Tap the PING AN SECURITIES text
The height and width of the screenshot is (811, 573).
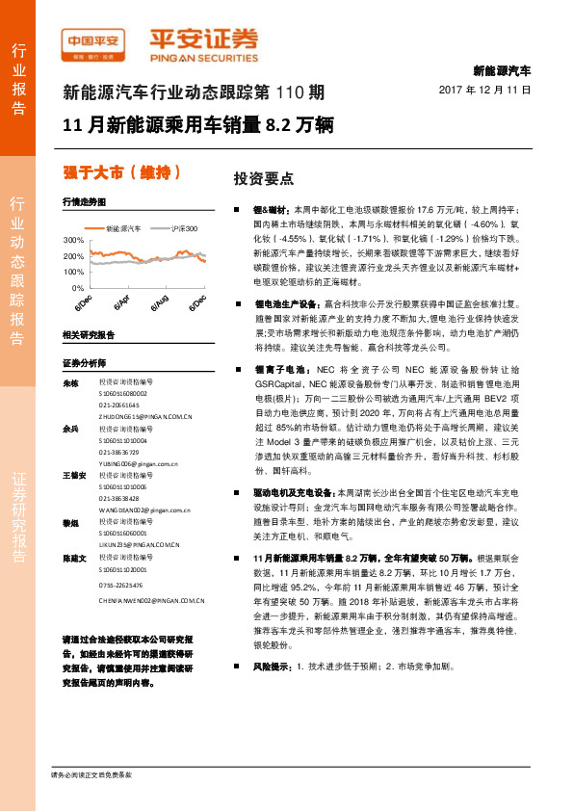click(x=202, y=56)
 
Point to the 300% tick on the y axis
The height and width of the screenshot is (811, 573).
click(x=72, y=239)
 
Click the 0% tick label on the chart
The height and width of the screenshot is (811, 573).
click(x=77, y=288)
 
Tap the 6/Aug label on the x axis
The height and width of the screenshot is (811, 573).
click(x=160, y=301)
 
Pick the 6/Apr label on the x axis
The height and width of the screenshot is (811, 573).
click(x=122, y=301)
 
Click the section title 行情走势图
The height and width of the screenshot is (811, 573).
click(x=83, y=201)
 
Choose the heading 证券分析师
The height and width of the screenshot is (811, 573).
click(x=83, y=363)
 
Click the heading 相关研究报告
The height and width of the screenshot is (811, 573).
click(x=88, y=334)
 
